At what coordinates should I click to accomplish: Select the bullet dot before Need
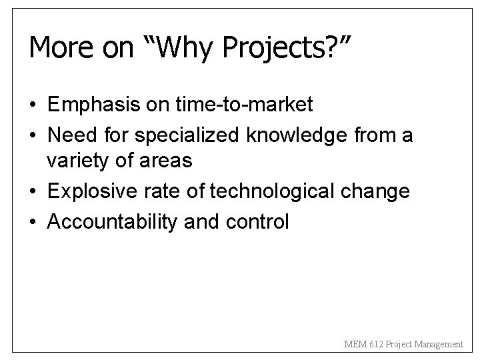[33, 136]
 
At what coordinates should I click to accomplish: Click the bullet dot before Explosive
[33, 192]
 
